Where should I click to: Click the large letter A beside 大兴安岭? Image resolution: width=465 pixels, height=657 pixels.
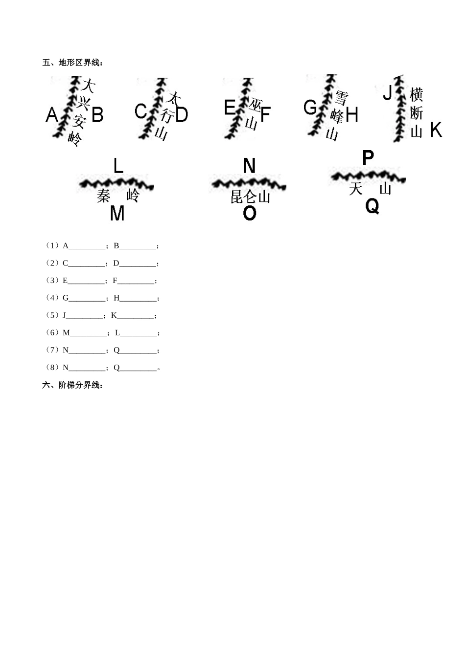[52, 115]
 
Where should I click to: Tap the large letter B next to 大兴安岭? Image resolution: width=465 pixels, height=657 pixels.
[97, 115]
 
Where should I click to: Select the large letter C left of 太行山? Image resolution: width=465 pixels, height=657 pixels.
[140, 111]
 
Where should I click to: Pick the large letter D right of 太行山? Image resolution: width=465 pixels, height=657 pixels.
[182, 115]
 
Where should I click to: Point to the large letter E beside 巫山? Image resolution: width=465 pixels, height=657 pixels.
[230, 108]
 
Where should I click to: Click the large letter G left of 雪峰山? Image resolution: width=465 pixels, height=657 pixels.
[310, 108]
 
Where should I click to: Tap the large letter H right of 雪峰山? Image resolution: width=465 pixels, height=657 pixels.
[352, 115]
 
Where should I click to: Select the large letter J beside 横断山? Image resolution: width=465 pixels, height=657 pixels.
[388, 92]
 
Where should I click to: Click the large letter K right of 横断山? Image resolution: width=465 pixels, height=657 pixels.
[436, 130]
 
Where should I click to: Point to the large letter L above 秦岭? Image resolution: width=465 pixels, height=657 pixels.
[118, 166]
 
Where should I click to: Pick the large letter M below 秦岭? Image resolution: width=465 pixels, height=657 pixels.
[117, 214]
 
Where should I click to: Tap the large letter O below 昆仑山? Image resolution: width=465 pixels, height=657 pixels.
[249, 214]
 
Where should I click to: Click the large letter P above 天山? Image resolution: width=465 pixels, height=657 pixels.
[368, 158]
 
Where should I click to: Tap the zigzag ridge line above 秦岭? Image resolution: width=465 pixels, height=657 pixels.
[116, 184]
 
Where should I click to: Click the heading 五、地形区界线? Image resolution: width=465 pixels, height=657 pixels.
[73, 63]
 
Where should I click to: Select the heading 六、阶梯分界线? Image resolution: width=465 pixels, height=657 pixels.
[73, 385]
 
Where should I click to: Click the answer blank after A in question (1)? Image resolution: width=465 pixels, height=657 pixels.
[87, 247]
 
